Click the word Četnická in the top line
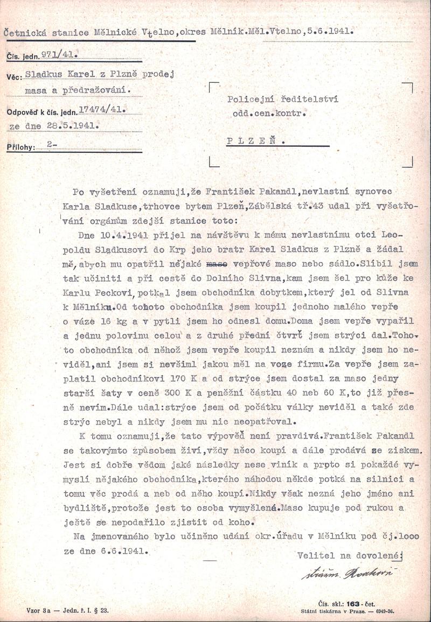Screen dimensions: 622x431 (25, 32)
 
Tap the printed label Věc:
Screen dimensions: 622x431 (15, 77)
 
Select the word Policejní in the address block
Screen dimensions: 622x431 (251, 100)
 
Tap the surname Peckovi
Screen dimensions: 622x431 (115, 293)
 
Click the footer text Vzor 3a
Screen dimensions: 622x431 (38, 610)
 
